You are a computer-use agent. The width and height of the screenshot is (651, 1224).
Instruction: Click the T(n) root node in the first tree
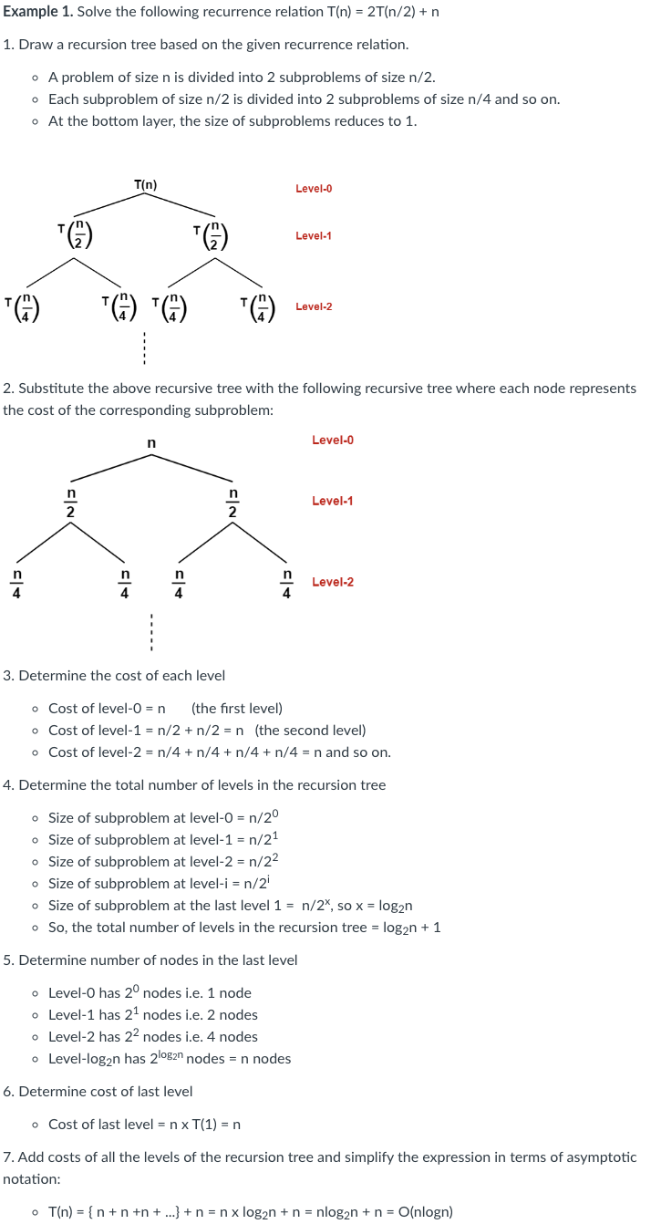point(145,185)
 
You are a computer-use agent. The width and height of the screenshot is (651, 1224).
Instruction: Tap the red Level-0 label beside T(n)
point(314,189)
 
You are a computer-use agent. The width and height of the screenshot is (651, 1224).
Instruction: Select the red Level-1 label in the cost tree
point(332,501)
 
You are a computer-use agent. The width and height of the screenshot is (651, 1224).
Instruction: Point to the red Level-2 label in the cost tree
point(332,582)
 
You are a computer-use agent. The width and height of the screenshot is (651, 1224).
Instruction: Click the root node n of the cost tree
point(151,443)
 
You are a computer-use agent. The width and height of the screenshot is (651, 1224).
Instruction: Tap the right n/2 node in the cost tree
point(232,503)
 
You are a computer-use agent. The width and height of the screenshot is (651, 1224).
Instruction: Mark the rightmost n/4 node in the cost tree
point(286,584)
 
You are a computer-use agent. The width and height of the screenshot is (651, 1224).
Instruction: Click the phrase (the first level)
point(237,709)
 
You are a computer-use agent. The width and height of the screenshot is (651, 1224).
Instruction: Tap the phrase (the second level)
point(310,731)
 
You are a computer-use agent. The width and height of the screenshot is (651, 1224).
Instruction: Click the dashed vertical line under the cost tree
point(151,630)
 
